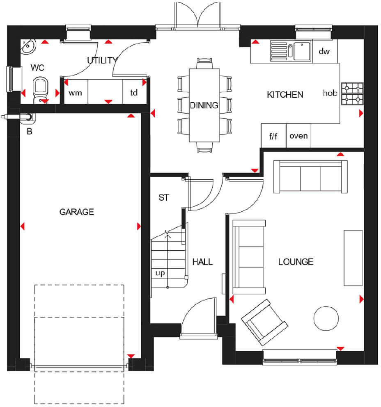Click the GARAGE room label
pyautogui.click(x=77, y=212)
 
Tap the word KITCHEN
pyautogui.click(x=285, y=95)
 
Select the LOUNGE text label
pyautogui.click(x=296, y=262)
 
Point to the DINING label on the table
pyautogui.click(x=204, y=105)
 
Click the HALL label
pyautogui.click(x=203, y=262)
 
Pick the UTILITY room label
pyautogui.click(x=102, y=61)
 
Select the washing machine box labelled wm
pyautogui.click(x=75, y=93)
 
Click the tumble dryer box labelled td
pyautogui.click(x=134, y=93)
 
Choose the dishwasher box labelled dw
pyautogui.click(x=324, y=52)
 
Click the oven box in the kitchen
pyautogui.click(x=298, y=136)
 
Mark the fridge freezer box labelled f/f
pyautogui.click(x=273, y=136)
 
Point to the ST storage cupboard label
pyautogui.click(x=164, y=198)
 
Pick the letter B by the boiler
pyautogui.click(x=29, y=132)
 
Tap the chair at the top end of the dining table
pyautogui.click(x=204, y=64)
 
